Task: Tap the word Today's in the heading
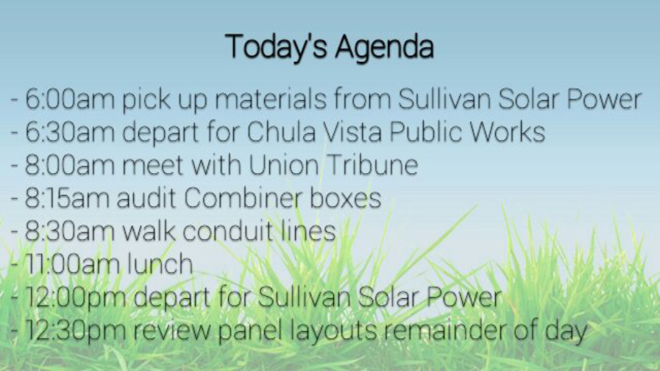click(x=276, y=46)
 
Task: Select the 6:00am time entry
click(x=70, y=99)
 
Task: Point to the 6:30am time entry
click(x=70, y=132)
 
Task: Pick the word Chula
click(x=281, y=132)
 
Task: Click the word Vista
click(x=352, y=132)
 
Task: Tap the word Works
click(x=507, y=132)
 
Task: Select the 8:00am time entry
click(x=70, y=165)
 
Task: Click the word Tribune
click(x=372, y=165)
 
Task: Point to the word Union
click(x=284, y=165)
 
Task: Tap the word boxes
click(x=346, y=197)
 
